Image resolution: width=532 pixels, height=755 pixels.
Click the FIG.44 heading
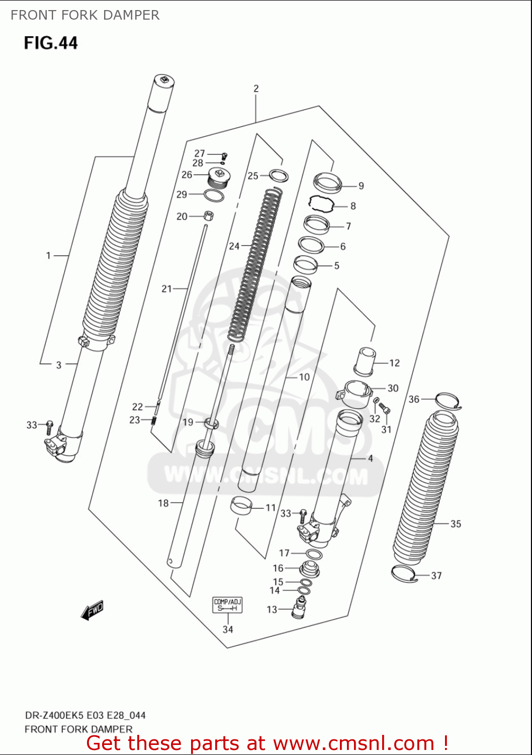[x=51, y=43]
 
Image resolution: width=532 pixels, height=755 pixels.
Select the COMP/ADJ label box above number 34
[x=228, y=605]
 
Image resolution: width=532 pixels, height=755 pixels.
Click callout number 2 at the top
[x=256, y=89]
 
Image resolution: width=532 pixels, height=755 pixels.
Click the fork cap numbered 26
[x=219, y=177]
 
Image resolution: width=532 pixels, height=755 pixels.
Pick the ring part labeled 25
[x=279, y=176]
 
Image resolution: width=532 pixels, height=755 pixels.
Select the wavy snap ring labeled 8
[x=321, y=203]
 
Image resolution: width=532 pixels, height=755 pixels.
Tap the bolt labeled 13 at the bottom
[x=300, y=608]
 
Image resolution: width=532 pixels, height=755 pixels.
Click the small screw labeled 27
[x=224, y=155]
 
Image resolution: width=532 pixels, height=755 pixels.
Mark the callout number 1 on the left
[x=48, y=256]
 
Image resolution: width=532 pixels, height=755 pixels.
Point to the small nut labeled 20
[x=209, y=216]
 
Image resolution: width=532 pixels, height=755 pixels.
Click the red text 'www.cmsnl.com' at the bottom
[x=354, y=743]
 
